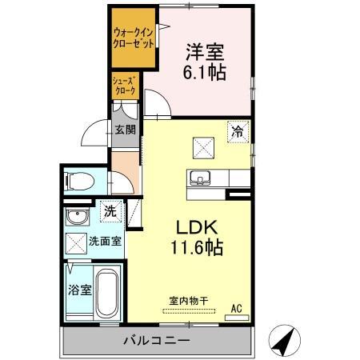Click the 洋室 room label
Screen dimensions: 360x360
tap(205, 52)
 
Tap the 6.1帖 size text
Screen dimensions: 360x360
tap(205, 73)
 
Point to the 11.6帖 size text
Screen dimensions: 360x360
tap(190, 247)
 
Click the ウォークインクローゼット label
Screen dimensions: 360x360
tap(133, 38)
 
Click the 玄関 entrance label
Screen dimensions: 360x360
tap(124, 130)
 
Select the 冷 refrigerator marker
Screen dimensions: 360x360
tap(238, 131)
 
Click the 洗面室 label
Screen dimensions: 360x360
tap(105, 240)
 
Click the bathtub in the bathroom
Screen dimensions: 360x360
tap(107, 294)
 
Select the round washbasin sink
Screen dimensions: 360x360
tap(78, 218)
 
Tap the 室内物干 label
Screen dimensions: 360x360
tap(188, 302)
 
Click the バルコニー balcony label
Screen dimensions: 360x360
tap(156, 341)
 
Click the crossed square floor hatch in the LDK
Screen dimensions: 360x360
tap(203, 146)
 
